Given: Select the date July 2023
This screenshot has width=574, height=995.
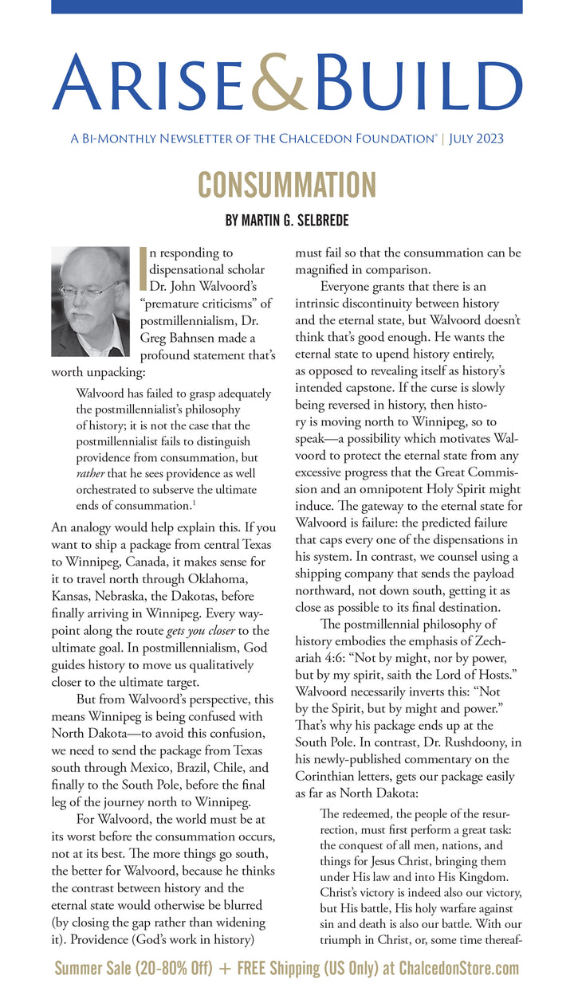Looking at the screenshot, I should [x=476, y=139].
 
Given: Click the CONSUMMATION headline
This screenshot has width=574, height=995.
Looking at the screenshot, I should [x=286, y=185].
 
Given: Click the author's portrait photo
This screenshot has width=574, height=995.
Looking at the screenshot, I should [x=90, y=301].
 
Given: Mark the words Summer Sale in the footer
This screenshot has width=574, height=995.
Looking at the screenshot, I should [x=92, y=969].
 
